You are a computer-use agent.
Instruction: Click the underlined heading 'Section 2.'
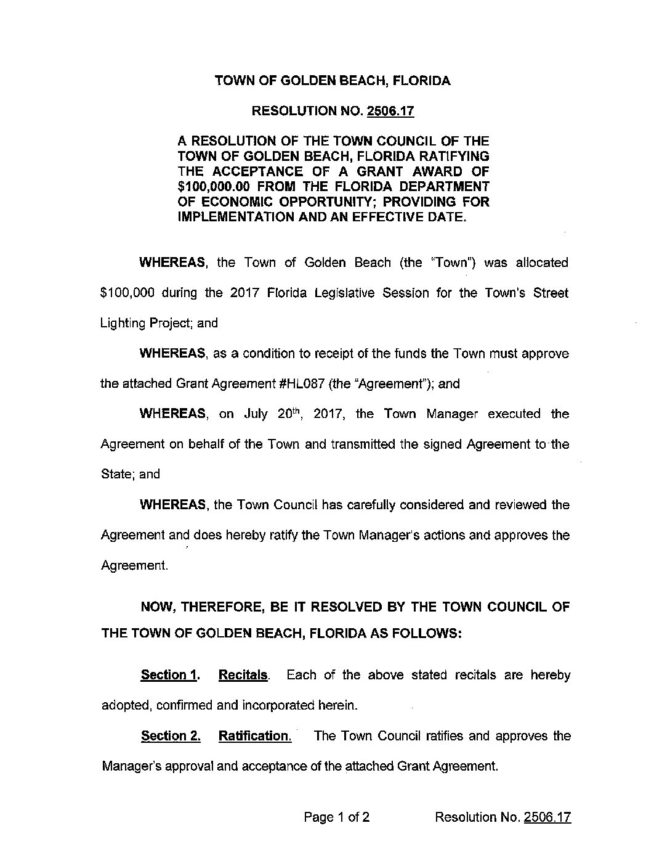tap(171, 736)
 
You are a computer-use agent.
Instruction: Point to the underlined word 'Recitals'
tap(243, 675)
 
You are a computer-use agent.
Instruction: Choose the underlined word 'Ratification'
tap(254, 736)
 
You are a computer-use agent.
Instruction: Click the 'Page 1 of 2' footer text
tap(337, 817)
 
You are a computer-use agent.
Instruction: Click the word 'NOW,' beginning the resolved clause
tap(157, 607)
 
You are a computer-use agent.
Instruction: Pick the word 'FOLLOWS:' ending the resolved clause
tap(429, 634)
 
